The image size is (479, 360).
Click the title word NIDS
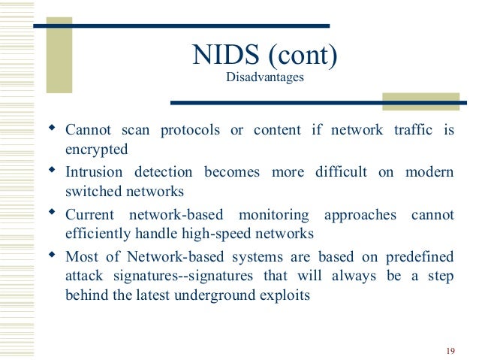222,55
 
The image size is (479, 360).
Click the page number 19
450,351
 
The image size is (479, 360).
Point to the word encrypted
97,149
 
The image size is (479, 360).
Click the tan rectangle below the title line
420,101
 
